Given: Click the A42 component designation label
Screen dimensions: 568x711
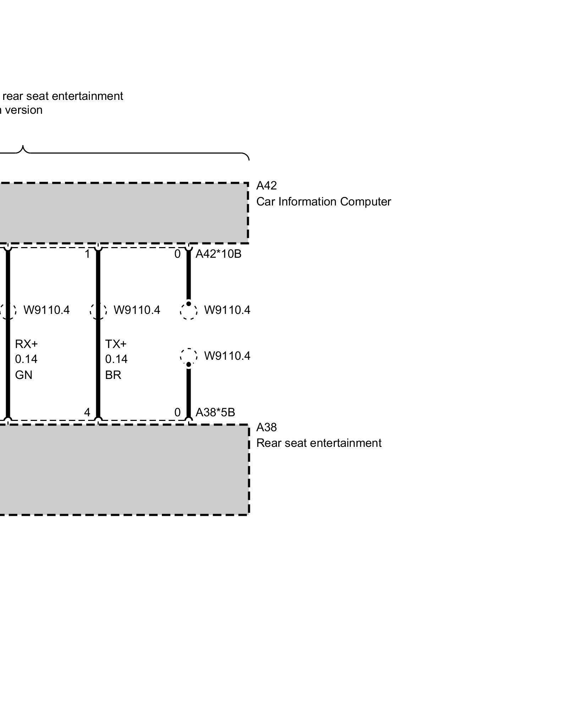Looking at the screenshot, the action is pos(266,186).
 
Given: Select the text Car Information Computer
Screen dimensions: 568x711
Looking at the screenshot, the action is pos(323,202).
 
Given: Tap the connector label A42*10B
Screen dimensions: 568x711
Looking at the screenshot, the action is pos(218,254).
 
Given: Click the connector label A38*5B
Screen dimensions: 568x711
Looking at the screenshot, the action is pos(215,412).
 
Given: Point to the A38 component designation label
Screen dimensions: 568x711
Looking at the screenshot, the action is pos(266,427).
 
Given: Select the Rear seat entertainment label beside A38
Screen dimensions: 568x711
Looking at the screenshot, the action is pos(319,443).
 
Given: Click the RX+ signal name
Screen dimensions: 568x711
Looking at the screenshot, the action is pos(26,344).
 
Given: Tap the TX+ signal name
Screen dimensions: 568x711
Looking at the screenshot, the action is pos(116,344).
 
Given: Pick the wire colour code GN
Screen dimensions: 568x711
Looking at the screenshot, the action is pos(23,375).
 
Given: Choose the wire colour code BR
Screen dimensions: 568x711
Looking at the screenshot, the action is pos(113,375).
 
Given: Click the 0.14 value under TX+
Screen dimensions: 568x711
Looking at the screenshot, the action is pos(116,359).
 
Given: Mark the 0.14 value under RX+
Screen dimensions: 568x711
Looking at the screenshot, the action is pos(26,359).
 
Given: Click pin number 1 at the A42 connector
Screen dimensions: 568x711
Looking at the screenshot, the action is pos(87,254).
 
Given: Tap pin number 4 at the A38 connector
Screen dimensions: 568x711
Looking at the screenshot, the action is pos(87,412).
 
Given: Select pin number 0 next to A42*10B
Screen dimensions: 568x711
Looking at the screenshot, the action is pos(177,254).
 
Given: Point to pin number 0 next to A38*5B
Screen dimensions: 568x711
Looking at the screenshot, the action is pos(177,412).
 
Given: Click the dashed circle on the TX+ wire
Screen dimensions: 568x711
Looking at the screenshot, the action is pos(98,311).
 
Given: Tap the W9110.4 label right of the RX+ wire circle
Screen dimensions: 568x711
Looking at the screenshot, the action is pos(47,310).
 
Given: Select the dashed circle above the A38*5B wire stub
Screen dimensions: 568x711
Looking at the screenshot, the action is pos(189,356).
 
